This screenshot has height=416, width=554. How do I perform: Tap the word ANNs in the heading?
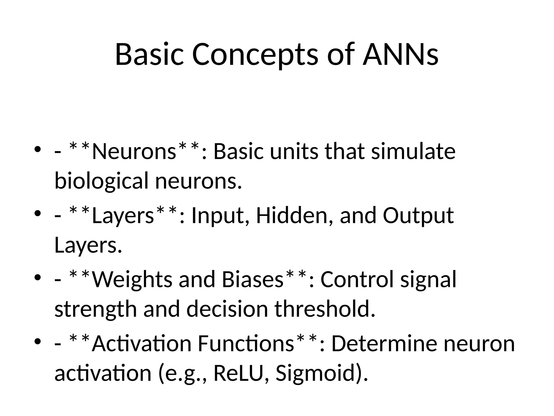coord(400,55)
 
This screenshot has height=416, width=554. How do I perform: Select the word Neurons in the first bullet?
coord(134,152)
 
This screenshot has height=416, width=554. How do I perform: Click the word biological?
coord(101,181)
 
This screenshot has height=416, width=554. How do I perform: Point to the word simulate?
coord(413,152)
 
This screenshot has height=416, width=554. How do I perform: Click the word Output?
coord(418,216)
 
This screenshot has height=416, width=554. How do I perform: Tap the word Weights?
coord(132,280)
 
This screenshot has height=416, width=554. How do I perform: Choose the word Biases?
coord(253,280)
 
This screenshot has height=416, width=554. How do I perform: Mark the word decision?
coord(227,309)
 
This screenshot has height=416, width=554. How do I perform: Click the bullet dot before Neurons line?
coord(38,149)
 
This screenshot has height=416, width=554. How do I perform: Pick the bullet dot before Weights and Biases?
coord(38,278)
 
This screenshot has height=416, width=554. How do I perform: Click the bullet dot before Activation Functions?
coord(38,342)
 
